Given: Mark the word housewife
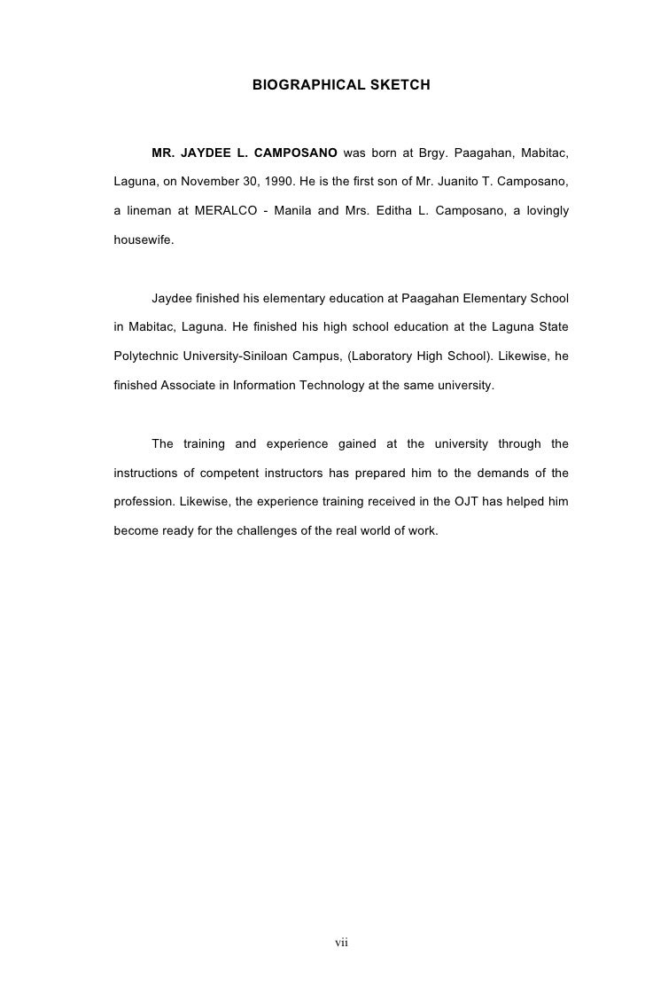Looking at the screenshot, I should [144, 239].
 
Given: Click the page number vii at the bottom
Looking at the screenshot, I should [342, 942].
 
